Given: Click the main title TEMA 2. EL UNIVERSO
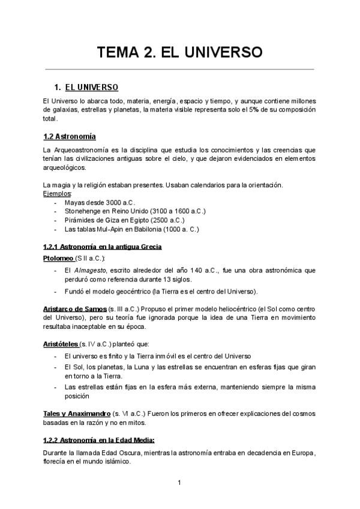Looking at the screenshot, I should point(180,53).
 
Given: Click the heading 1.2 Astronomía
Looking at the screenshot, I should point(70,136).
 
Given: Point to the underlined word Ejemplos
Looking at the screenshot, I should point(57,194).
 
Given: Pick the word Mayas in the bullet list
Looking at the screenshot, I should point(74,203).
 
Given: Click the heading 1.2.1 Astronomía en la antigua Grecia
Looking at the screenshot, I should point(102,247).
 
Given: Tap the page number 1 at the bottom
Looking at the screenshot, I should point(179,482).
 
